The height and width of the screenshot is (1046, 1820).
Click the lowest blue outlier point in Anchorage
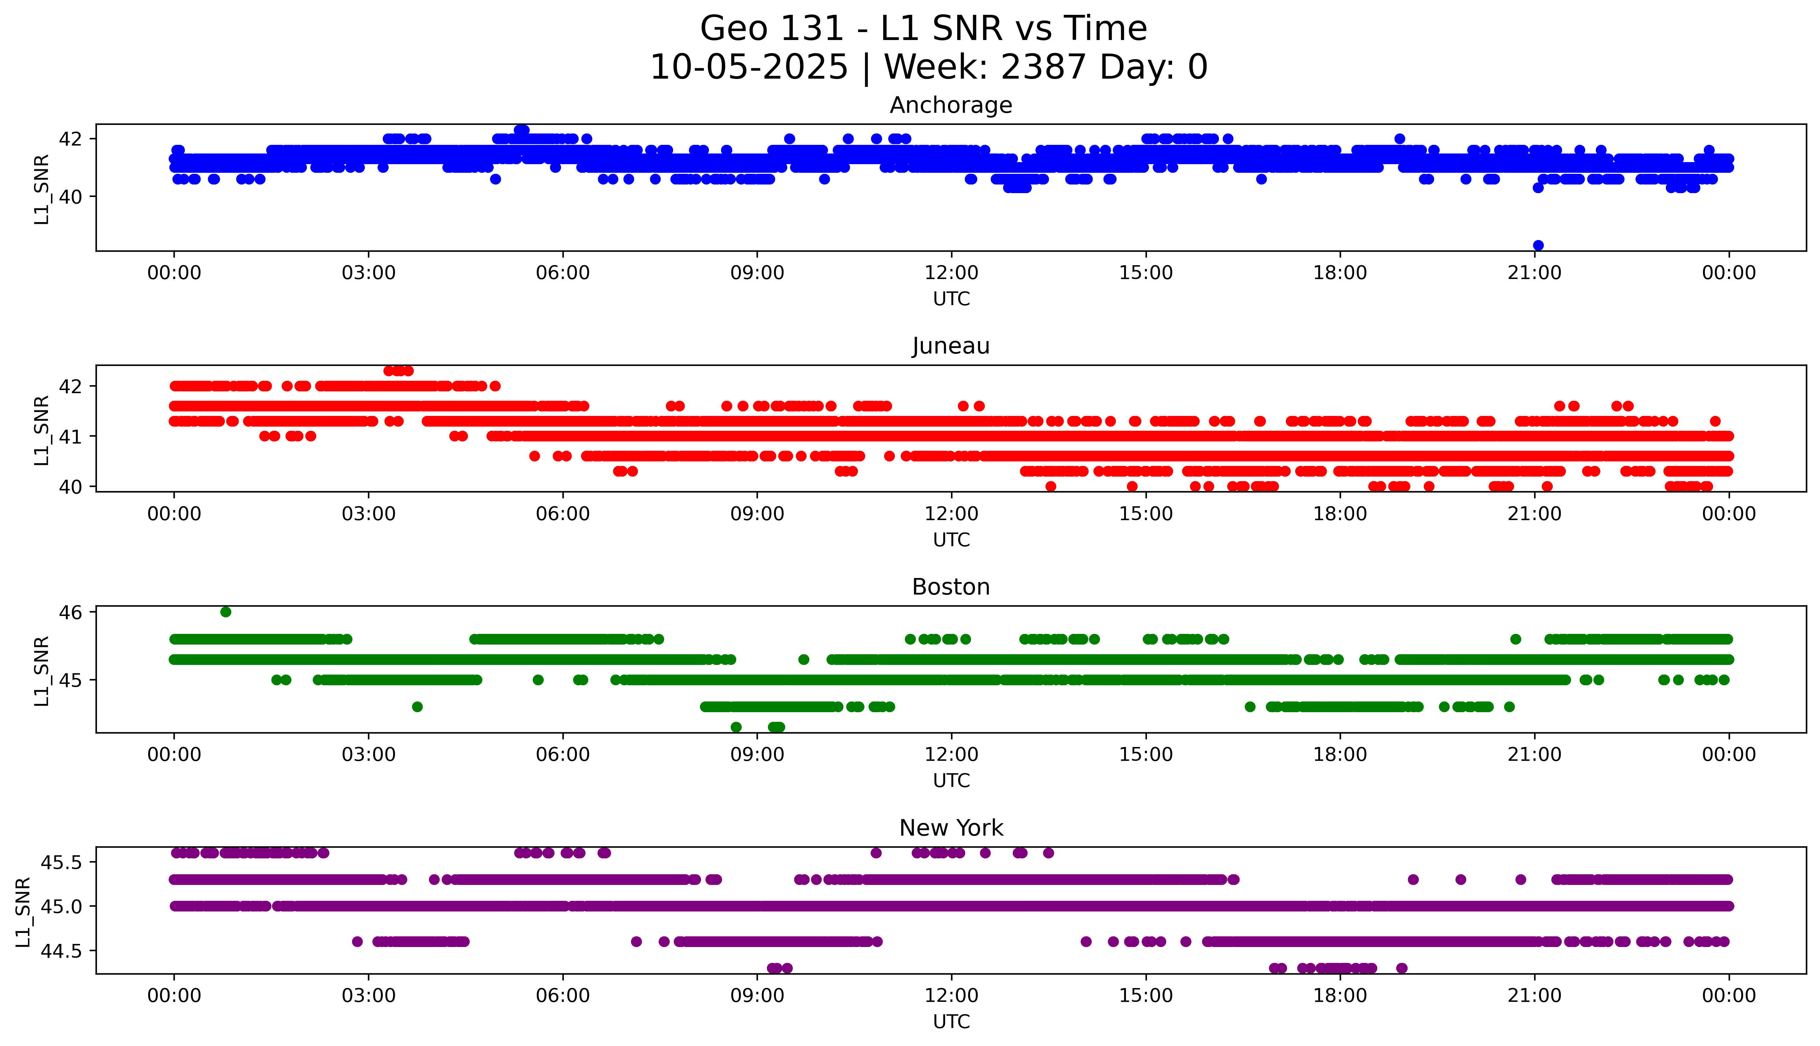[1538, 245]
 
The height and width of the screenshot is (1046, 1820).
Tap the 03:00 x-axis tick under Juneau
[369, 514]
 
